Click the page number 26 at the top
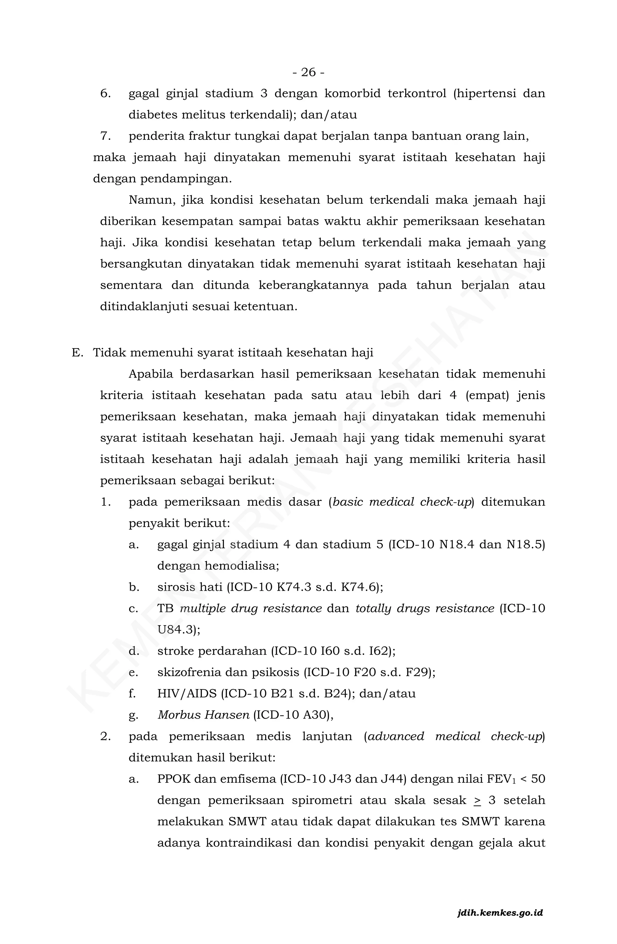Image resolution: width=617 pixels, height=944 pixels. (308, 72)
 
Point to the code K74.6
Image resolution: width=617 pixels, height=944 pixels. (359, 587)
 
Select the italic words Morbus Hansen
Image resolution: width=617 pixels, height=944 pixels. (203, 715)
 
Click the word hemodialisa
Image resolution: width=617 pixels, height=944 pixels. (242, 566)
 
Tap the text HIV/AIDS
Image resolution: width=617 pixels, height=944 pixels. (187, 694)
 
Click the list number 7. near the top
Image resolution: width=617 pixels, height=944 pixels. (105, 136)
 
